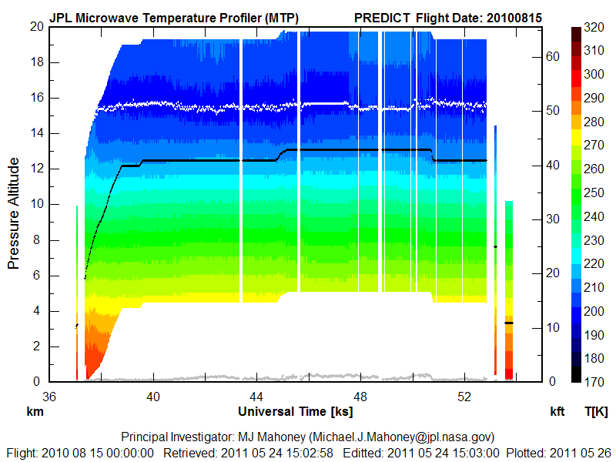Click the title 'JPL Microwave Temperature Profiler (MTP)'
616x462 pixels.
pos(174,17)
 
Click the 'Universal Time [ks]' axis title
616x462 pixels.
pos(296,412)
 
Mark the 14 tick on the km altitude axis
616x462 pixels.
pos(36,133)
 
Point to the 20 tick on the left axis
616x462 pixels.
pos(36,26)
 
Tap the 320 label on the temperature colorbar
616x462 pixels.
pos(593,26)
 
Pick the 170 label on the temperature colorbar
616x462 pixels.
pos(593,381)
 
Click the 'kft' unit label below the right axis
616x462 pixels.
pos(557,412)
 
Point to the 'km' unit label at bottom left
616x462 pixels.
pos(35,412)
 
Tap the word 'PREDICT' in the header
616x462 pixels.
pos(382,17)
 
